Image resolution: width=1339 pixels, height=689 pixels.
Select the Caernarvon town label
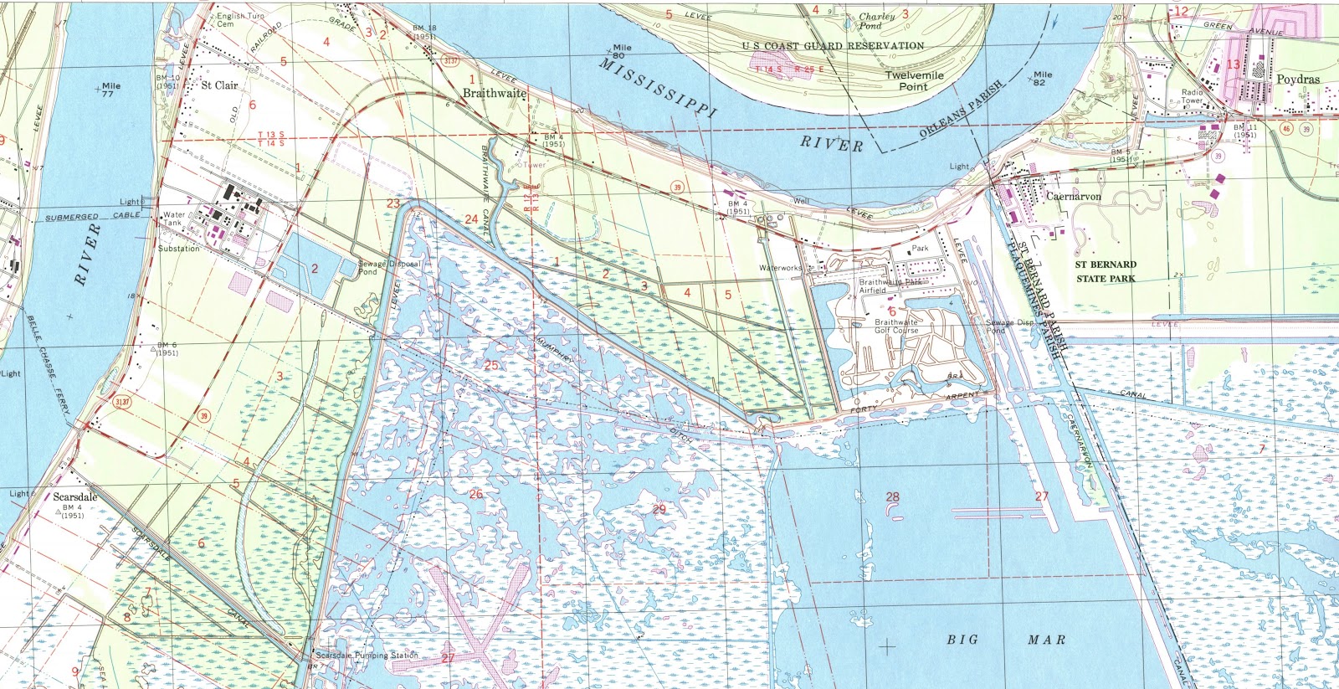pos(1074,197)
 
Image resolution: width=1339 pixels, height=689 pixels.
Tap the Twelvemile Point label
pos(914,80)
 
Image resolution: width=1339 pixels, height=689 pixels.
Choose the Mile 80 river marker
pos(621,52)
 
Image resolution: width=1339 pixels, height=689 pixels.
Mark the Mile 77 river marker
pos(110,89)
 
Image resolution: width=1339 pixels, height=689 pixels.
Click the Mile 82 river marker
pos(1041,78)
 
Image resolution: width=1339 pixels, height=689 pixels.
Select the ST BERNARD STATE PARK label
pos(1106,271)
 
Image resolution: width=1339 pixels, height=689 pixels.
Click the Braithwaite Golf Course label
pos(896,326)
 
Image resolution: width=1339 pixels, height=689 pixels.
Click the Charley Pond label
pos(876,20)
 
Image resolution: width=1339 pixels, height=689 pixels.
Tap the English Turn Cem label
pos(235,19)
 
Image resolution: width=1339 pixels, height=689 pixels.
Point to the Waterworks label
pos(780,268)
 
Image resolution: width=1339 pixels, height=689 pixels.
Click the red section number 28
pos(892,497)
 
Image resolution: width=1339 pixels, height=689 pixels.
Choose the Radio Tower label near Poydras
pos(1193,95)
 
